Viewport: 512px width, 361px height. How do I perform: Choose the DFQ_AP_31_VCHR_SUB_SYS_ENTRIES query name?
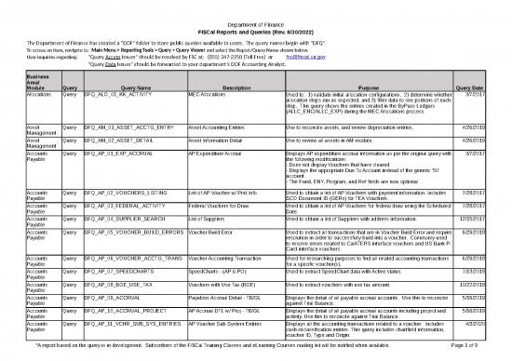(x=132, y=335)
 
